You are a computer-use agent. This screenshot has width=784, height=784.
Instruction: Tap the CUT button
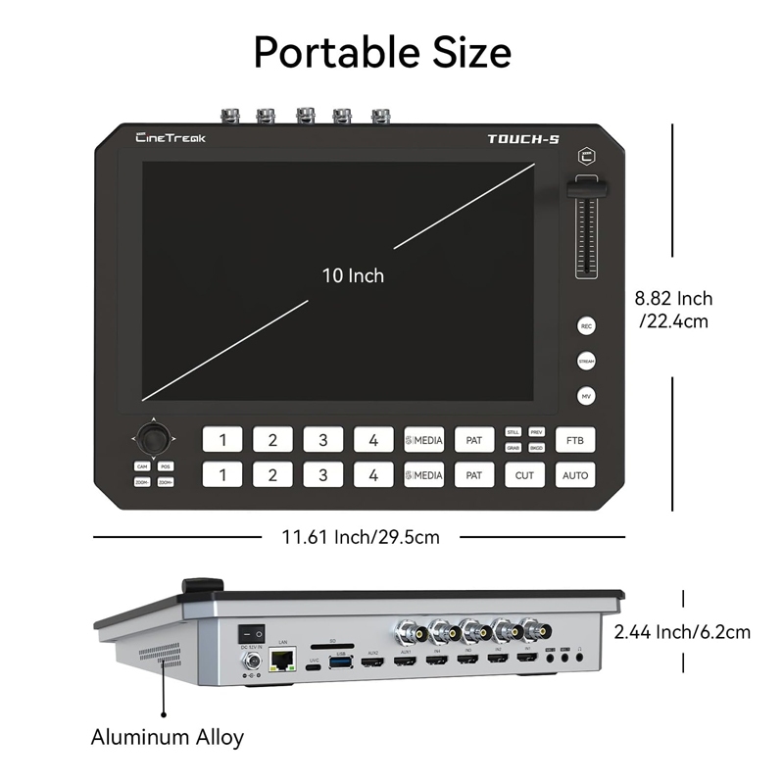point(524,475)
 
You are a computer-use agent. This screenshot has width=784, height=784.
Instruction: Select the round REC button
point(586,325)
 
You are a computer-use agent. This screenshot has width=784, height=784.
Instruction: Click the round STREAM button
point(586,361)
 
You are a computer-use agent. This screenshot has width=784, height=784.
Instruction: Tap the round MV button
point(586,396)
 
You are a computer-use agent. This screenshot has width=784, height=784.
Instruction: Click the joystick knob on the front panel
point(153,434)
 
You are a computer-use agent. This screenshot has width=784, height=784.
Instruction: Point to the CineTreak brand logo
point(171,138)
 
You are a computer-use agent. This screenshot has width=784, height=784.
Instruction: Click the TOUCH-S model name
point(523,139)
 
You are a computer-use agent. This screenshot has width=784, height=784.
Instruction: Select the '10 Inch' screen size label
point(353,275)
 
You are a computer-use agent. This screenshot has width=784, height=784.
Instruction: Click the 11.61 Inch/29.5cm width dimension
point(360,536)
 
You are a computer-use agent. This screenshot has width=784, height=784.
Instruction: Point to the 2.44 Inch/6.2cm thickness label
point(682,632)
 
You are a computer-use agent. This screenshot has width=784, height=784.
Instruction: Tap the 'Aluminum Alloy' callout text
point(168,737)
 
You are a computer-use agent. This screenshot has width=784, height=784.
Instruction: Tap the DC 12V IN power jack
point(251,662)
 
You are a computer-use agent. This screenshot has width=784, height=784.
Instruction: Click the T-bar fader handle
point(585,189)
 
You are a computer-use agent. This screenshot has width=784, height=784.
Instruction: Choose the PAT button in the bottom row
point(473,475)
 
